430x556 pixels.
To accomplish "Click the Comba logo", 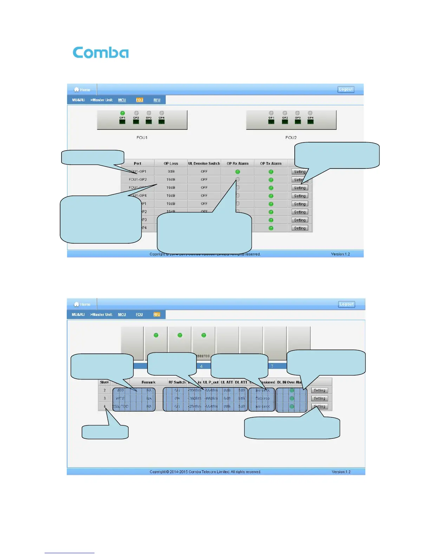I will (x=100, y=53).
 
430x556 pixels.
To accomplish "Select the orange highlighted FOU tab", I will (x=139, y=100).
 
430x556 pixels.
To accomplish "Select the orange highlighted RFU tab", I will (x=157, y=315).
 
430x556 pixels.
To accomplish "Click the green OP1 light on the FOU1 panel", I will (x=122, y=113).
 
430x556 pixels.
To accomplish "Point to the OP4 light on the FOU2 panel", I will (x=310, y=113).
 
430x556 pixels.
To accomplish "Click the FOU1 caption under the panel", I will (x=142, y=138).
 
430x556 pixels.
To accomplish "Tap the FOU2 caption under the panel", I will (x=291, y=138).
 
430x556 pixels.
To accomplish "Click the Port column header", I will (x=137, y=164).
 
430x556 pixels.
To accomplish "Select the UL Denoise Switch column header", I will (x=204, y=164).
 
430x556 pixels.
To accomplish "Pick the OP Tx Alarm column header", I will (x=271, y=164).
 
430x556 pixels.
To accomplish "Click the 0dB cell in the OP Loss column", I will (x=171, y=172).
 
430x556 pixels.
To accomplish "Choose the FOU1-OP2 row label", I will (x=138, y=180).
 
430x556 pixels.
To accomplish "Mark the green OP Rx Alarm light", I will (x=237, y=172).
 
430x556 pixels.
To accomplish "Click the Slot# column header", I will (x=104, y=382).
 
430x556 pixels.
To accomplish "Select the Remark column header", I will (x=148, y=382).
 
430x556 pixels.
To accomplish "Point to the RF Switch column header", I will (x=177, y=382).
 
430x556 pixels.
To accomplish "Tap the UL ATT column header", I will (x=227, y=382).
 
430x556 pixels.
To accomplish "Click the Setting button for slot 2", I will (x=319, y=390).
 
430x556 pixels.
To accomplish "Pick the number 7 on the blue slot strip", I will (x=272, y=366).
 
